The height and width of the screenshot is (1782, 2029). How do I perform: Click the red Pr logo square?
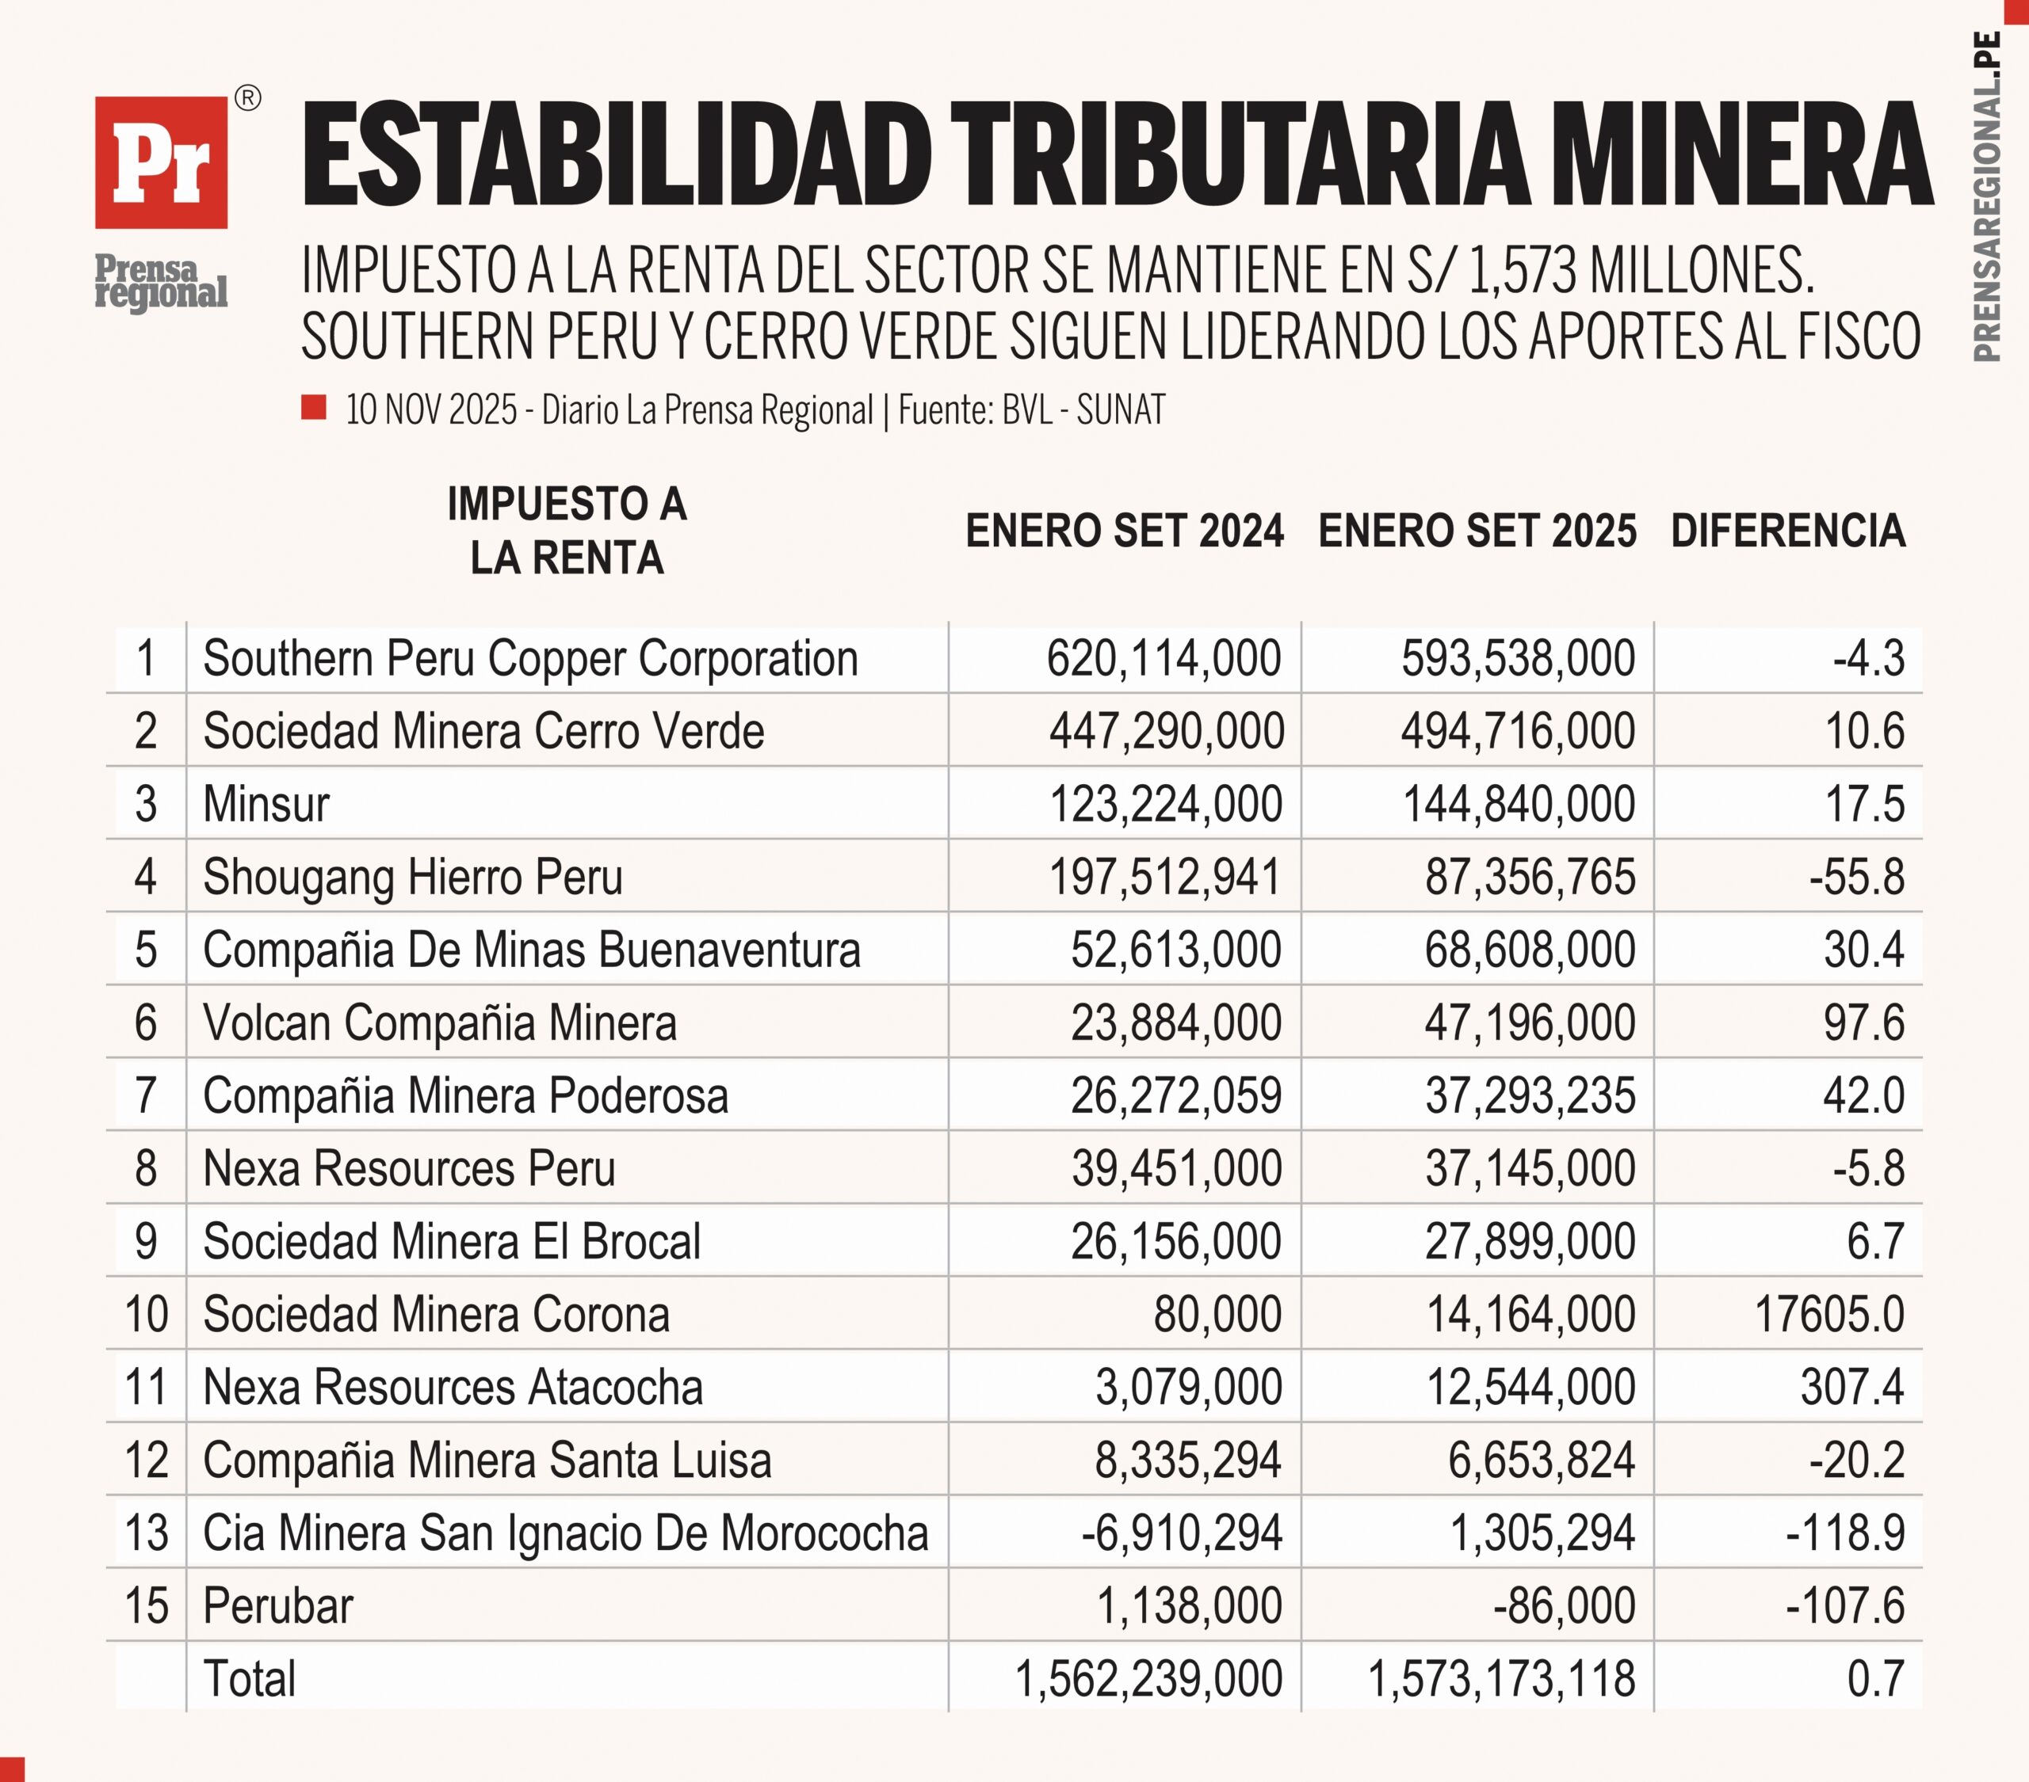[161, 162]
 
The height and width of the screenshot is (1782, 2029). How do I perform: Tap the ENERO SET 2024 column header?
[1124, 531]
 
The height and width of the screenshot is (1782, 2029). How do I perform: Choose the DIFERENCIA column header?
[1788, 531]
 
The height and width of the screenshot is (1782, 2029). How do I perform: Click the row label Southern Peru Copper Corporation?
[530, 659]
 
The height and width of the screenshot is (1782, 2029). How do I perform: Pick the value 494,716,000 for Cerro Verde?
[1517, 731]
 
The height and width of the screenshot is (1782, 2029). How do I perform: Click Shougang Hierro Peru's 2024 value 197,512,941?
[1164, 877]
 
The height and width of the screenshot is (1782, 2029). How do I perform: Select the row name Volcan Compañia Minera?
[440, 1023]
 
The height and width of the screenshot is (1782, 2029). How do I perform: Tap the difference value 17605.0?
[1828, 1315]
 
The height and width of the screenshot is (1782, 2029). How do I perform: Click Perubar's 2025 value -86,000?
[1564, 1606]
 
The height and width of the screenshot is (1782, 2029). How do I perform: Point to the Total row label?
[249, 1679]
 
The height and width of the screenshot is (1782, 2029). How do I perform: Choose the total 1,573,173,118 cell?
[1501, 1679]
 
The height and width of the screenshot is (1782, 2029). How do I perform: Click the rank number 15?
[146, 1606]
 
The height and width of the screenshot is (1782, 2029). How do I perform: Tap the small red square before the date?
[314, 408]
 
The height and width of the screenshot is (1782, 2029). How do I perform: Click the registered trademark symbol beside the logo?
[248, 98]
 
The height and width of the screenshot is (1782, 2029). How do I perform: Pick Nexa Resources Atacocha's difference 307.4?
[1851, 1387]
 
